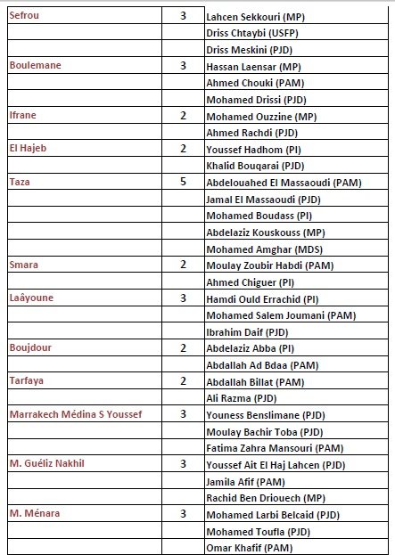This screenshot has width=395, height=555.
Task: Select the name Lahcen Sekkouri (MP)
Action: pos(253,18)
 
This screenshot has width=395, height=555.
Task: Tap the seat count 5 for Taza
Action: pos(183,182)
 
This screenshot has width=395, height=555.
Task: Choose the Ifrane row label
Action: pos(23,116)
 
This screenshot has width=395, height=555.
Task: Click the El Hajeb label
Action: pos(29,149)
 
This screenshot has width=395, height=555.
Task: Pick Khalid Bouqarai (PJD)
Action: pos(255,167)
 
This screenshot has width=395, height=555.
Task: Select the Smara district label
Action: pos(24,265)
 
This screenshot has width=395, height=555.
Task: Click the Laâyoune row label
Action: pos(32,298)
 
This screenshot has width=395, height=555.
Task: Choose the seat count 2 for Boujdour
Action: pos(183,347)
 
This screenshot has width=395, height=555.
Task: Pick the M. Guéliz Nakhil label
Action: pos(53,463)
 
